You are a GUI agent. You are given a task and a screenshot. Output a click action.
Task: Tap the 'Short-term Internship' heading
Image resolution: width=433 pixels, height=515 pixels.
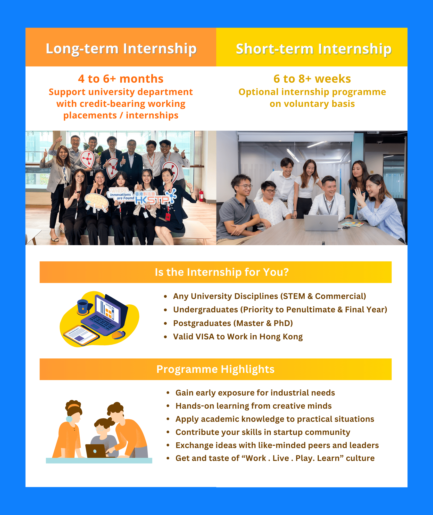314,49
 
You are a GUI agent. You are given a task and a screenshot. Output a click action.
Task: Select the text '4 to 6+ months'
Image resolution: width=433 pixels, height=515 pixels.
121,79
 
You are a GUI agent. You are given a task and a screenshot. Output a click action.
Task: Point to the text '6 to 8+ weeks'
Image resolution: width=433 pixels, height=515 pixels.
312,79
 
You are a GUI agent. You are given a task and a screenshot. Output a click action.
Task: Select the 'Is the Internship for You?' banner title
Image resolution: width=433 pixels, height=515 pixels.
222,272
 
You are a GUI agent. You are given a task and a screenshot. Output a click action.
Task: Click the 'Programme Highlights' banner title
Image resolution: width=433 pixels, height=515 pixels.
215,369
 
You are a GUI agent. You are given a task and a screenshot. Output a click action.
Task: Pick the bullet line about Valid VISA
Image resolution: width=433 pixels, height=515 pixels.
238,337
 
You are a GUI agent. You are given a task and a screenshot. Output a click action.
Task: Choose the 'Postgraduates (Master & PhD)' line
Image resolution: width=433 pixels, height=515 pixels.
233,323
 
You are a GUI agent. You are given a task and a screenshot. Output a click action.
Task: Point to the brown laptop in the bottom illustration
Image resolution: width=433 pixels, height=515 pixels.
96,451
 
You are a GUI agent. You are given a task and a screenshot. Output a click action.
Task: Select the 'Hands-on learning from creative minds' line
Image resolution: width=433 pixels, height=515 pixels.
253,406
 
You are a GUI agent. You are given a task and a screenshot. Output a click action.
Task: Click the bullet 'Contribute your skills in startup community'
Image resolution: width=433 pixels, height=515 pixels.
263,432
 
